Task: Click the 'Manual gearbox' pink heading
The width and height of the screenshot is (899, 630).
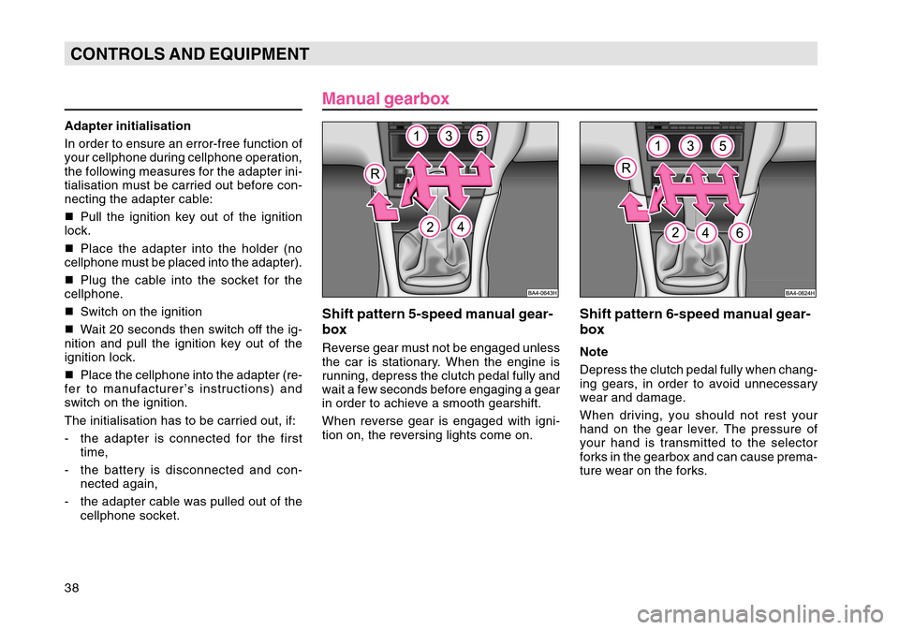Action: point(385,98)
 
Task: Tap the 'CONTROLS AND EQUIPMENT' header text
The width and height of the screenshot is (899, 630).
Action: point(189,54)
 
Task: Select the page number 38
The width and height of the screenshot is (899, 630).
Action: point(72,588)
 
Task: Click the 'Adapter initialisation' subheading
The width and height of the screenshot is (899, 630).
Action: point(127,126)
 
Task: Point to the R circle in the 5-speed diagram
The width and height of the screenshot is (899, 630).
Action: point(375,174)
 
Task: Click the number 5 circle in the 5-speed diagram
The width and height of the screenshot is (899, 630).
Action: point(479,136)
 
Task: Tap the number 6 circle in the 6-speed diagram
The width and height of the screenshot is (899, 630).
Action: point(740,233)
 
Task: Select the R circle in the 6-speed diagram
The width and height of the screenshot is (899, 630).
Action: point(626,168)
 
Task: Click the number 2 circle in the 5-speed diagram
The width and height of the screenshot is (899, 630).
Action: point(430,227)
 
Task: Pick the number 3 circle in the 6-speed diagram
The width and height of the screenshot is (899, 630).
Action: point(690,146)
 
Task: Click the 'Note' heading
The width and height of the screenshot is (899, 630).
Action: point(594,352)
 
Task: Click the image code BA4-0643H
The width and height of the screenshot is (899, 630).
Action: point(542,293)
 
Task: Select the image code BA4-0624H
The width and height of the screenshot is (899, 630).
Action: point(800,293)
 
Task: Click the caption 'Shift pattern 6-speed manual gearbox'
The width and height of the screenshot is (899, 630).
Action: point(695,322)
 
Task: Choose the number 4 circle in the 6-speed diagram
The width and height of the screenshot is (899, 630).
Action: point(705,233)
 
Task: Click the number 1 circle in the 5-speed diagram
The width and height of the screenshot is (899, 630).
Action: point(417,137)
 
